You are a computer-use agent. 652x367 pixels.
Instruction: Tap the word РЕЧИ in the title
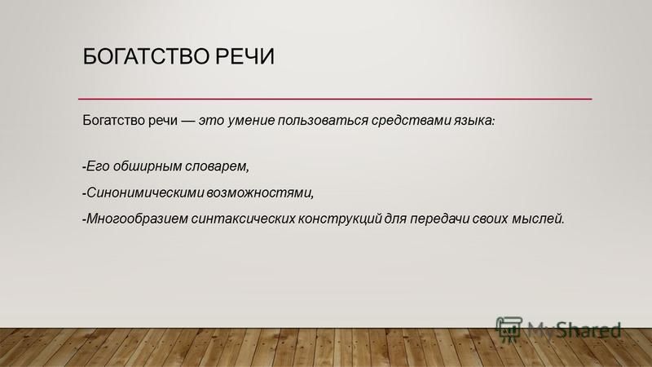coord(244,56)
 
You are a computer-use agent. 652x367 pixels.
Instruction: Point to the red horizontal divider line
coord(335,99)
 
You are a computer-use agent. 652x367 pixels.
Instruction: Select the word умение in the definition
coord(251,121)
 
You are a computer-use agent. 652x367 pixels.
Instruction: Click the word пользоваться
coord(323,121)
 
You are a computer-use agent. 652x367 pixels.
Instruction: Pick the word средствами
coord(411,121)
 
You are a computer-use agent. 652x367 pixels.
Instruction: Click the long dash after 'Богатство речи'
coord(187,121)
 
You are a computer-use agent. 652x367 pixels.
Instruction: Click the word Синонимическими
coord(145,192)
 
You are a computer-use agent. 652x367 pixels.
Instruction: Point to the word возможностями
coord(260,193)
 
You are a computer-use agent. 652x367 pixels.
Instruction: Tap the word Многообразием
coord(137,219)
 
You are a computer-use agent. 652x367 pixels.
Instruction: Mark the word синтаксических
coord(243,219)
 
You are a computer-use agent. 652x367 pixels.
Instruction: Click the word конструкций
coord(340,219)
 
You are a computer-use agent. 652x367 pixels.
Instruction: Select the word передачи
coord(439,219)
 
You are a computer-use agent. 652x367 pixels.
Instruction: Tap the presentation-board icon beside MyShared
coord(509,329)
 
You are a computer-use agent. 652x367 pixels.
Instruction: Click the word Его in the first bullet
coord(98,166)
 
